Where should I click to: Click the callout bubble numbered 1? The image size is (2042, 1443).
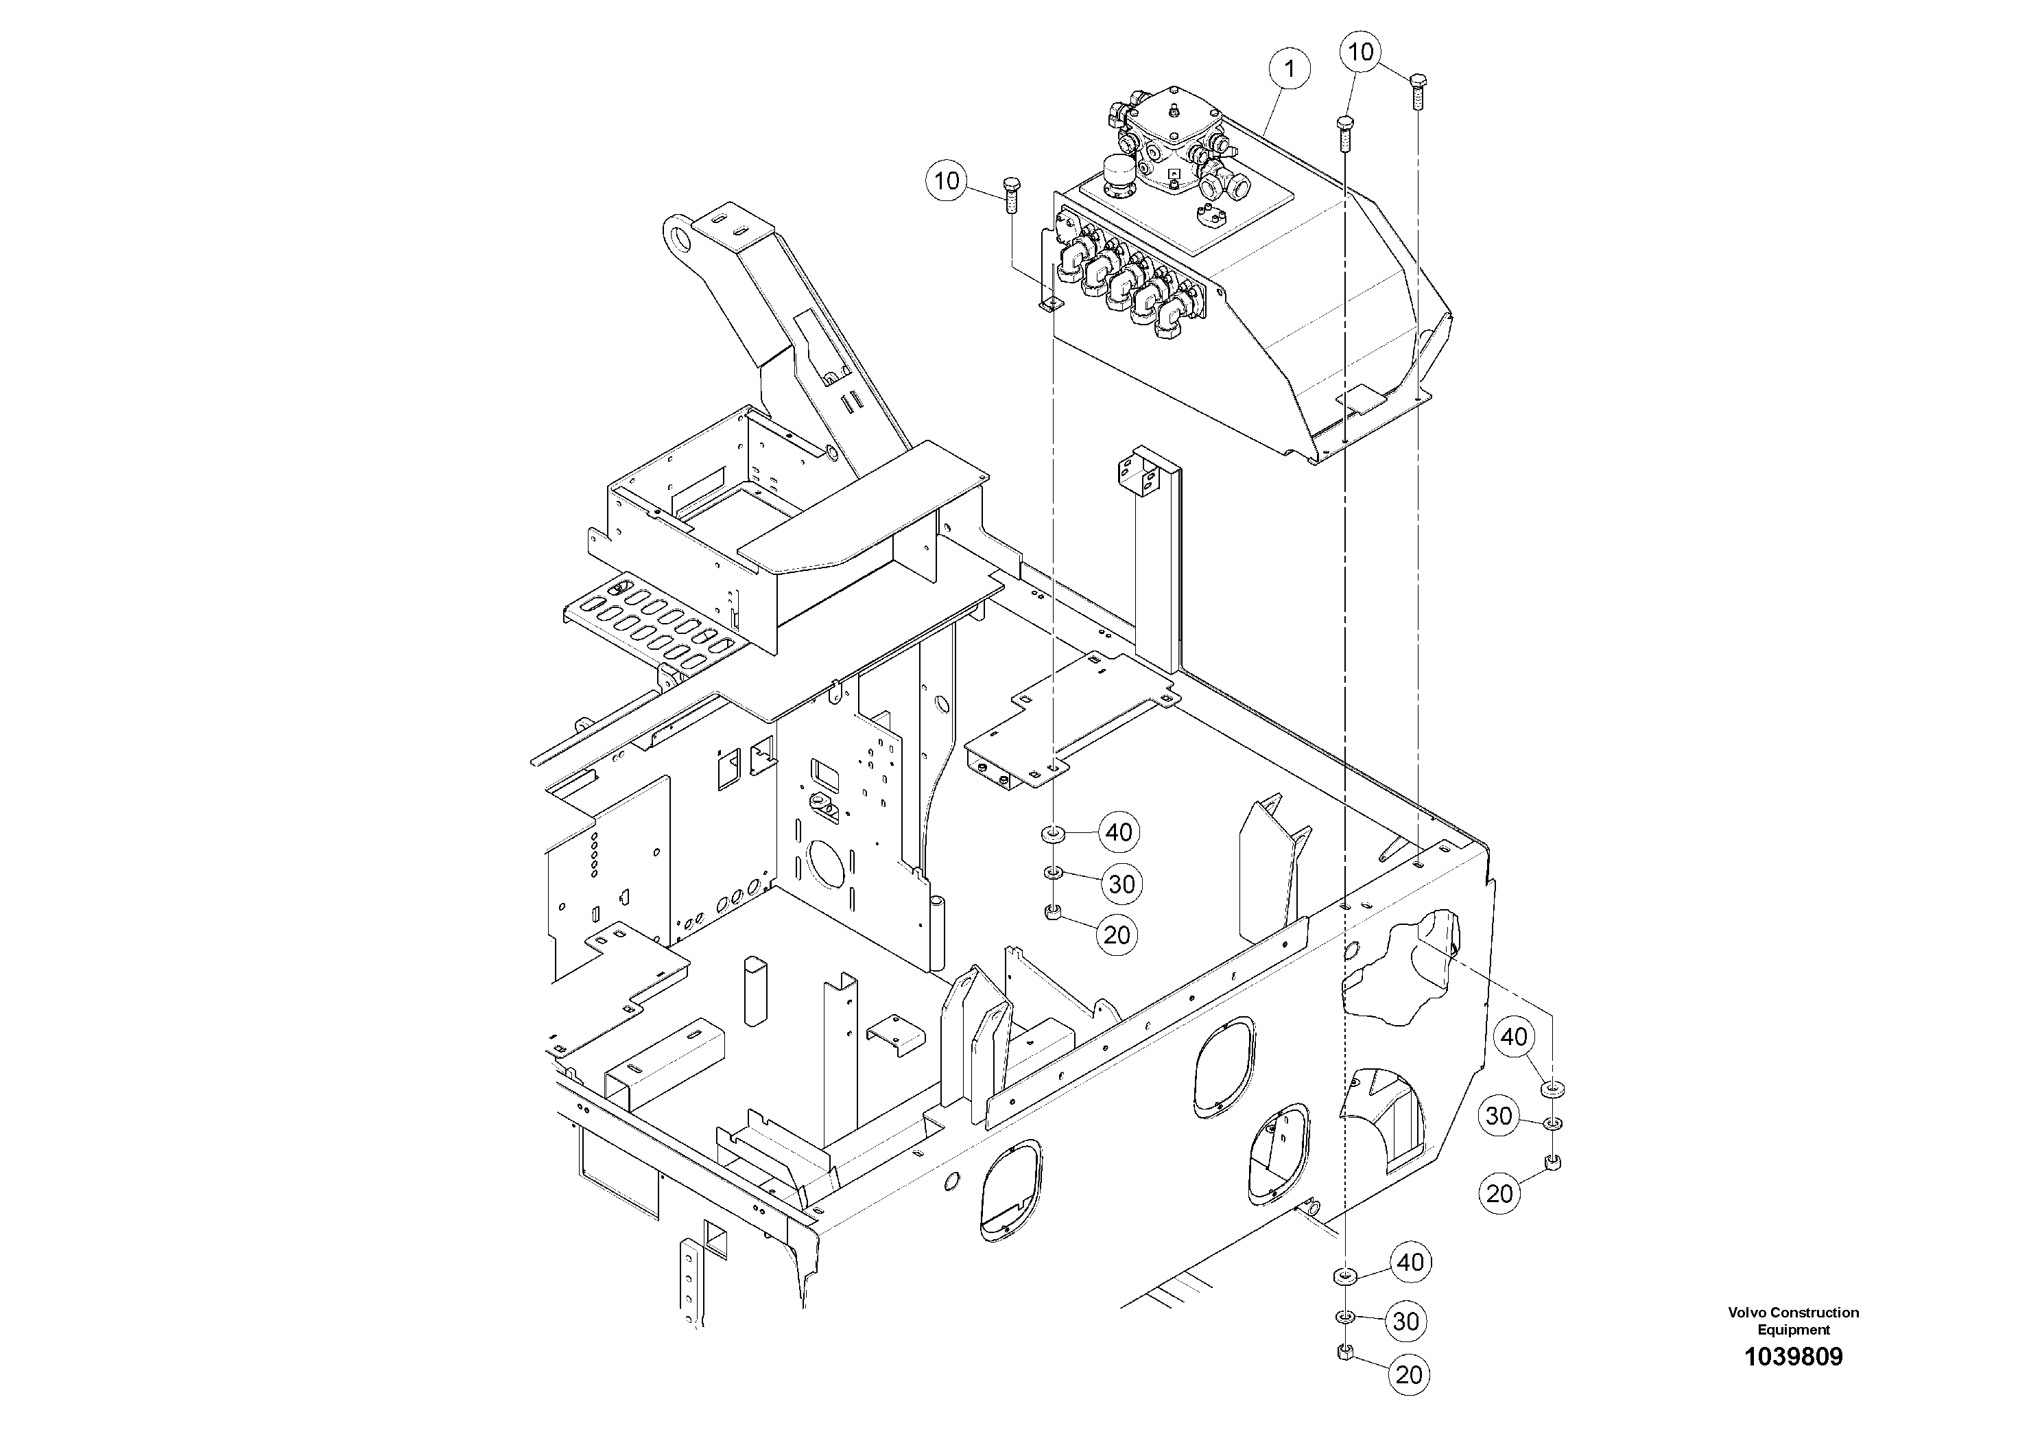[1290, 69]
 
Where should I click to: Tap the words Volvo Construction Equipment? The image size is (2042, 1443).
[1793, 1320]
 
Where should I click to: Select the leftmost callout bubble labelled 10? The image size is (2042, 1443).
[947, 180]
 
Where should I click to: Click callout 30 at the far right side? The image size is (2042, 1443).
[1499, 1116]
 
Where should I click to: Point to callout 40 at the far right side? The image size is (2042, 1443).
[1515, 1036]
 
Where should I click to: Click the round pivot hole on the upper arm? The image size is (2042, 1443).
[681, 236]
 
